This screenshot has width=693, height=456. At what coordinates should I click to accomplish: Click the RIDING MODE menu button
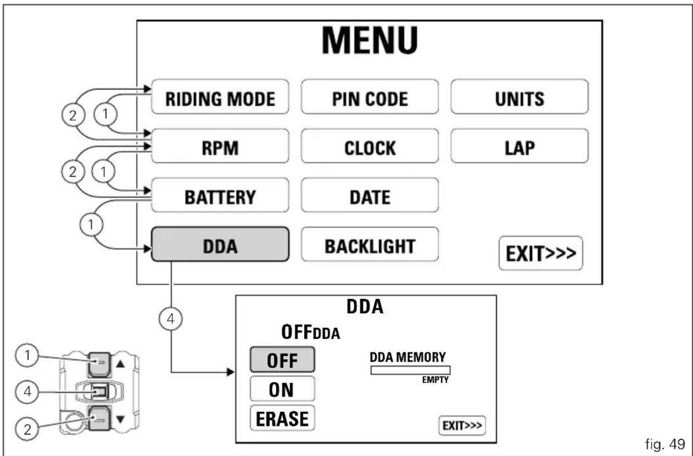point(220,97)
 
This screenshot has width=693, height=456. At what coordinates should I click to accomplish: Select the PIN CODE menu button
point(370,97)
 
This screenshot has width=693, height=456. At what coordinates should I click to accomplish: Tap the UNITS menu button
point(519,97)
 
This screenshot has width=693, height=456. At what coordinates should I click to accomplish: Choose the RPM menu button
point(220,146)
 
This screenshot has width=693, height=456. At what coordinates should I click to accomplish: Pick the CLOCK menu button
point(370,146)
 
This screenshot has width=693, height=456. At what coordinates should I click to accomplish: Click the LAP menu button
point(519,146)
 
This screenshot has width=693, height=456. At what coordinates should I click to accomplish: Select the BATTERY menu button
point(220,195)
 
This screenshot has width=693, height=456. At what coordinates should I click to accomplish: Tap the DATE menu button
point(370,195)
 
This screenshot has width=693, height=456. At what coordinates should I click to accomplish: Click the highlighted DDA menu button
point(220,244)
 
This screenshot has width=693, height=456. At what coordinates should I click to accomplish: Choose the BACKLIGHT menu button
point(370,244)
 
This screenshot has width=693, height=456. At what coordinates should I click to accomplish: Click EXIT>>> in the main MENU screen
point(541,253)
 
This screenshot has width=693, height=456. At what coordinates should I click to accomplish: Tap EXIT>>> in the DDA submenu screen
point(462,426)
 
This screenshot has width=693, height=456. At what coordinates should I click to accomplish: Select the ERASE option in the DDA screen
point(282,418)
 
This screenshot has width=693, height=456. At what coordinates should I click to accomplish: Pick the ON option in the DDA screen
point(282,389)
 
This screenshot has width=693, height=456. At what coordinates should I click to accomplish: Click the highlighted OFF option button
point(282,360)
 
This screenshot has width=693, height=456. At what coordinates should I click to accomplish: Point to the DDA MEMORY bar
point(410,370)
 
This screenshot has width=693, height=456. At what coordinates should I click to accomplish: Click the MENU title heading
point(370,41)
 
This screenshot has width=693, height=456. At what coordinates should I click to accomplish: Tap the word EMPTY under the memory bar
point(435,380)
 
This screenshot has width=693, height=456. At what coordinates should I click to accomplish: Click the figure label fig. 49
point(665,444)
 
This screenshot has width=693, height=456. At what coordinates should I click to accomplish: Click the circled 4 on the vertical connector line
point(171,319)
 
